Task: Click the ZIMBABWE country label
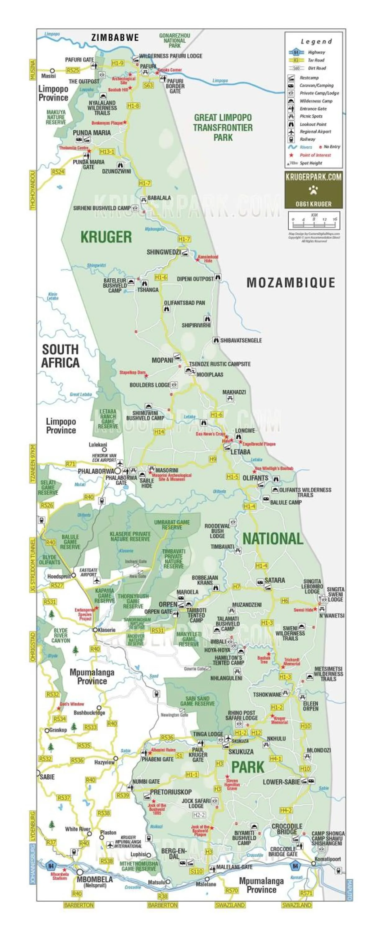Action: [115, 38]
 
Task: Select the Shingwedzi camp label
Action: [163, 252]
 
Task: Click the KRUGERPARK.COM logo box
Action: [313, 190]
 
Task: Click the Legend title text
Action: [316, 42]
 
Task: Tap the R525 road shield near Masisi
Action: [73, 70]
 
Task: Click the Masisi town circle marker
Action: [52, 71]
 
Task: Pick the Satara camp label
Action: [274, 580]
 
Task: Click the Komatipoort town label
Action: [328, 859]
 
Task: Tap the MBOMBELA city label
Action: [94, 879]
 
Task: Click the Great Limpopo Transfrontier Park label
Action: [223, 127]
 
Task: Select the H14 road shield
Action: [159, 432]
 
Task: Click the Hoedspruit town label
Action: [59, 576]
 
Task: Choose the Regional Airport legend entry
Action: [315, 131]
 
